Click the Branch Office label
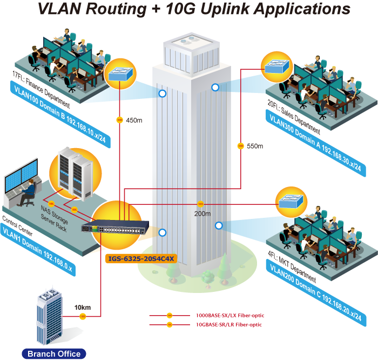click(x=53, y=354)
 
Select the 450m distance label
click(x=134, y=120)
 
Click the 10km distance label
click(x=83, y=308)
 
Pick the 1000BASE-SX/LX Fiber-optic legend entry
click(x=230, y=315)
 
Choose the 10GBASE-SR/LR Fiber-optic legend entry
click(x=230, y=324)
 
